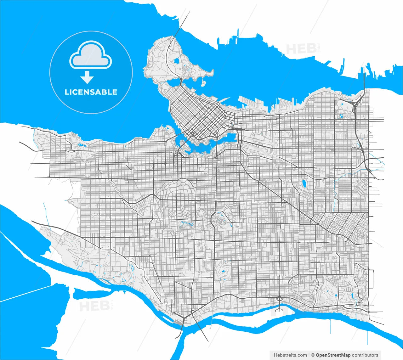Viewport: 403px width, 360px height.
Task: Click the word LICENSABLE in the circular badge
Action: [91, 92]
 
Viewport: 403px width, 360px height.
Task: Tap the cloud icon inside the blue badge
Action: [91, 55]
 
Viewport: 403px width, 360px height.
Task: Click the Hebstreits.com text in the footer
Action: [290, 355]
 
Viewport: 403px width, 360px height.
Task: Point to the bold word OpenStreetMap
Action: [333, 355]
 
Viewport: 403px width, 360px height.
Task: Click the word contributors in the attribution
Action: [365, 355]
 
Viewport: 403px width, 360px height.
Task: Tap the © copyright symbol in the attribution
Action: [313, 355]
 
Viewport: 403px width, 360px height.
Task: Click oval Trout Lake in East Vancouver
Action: [304, 183]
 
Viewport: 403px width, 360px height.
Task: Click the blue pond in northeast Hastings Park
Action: [341, 115]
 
